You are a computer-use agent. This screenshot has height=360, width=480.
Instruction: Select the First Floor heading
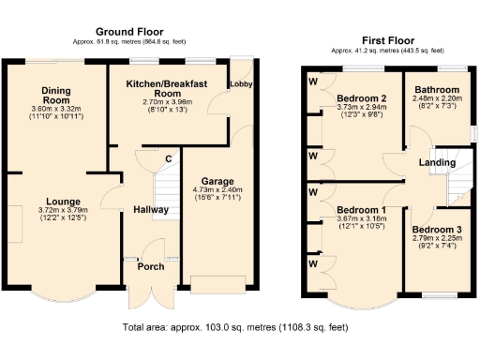coord(386,40)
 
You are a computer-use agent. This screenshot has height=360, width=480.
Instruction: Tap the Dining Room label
coord(56,96)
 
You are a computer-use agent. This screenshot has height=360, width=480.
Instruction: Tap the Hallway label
coord(150,209)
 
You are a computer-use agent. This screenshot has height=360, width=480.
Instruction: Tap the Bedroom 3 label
coord(435,230)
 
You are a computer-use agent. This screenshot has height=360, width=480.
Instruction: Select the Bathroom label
coord(435,90)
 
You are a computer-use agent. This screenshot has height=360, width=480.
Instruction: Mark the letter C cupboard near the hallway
coord(168,157)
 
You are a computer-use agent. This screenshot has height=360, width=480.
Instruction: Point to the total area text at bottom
coord(235,328)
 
